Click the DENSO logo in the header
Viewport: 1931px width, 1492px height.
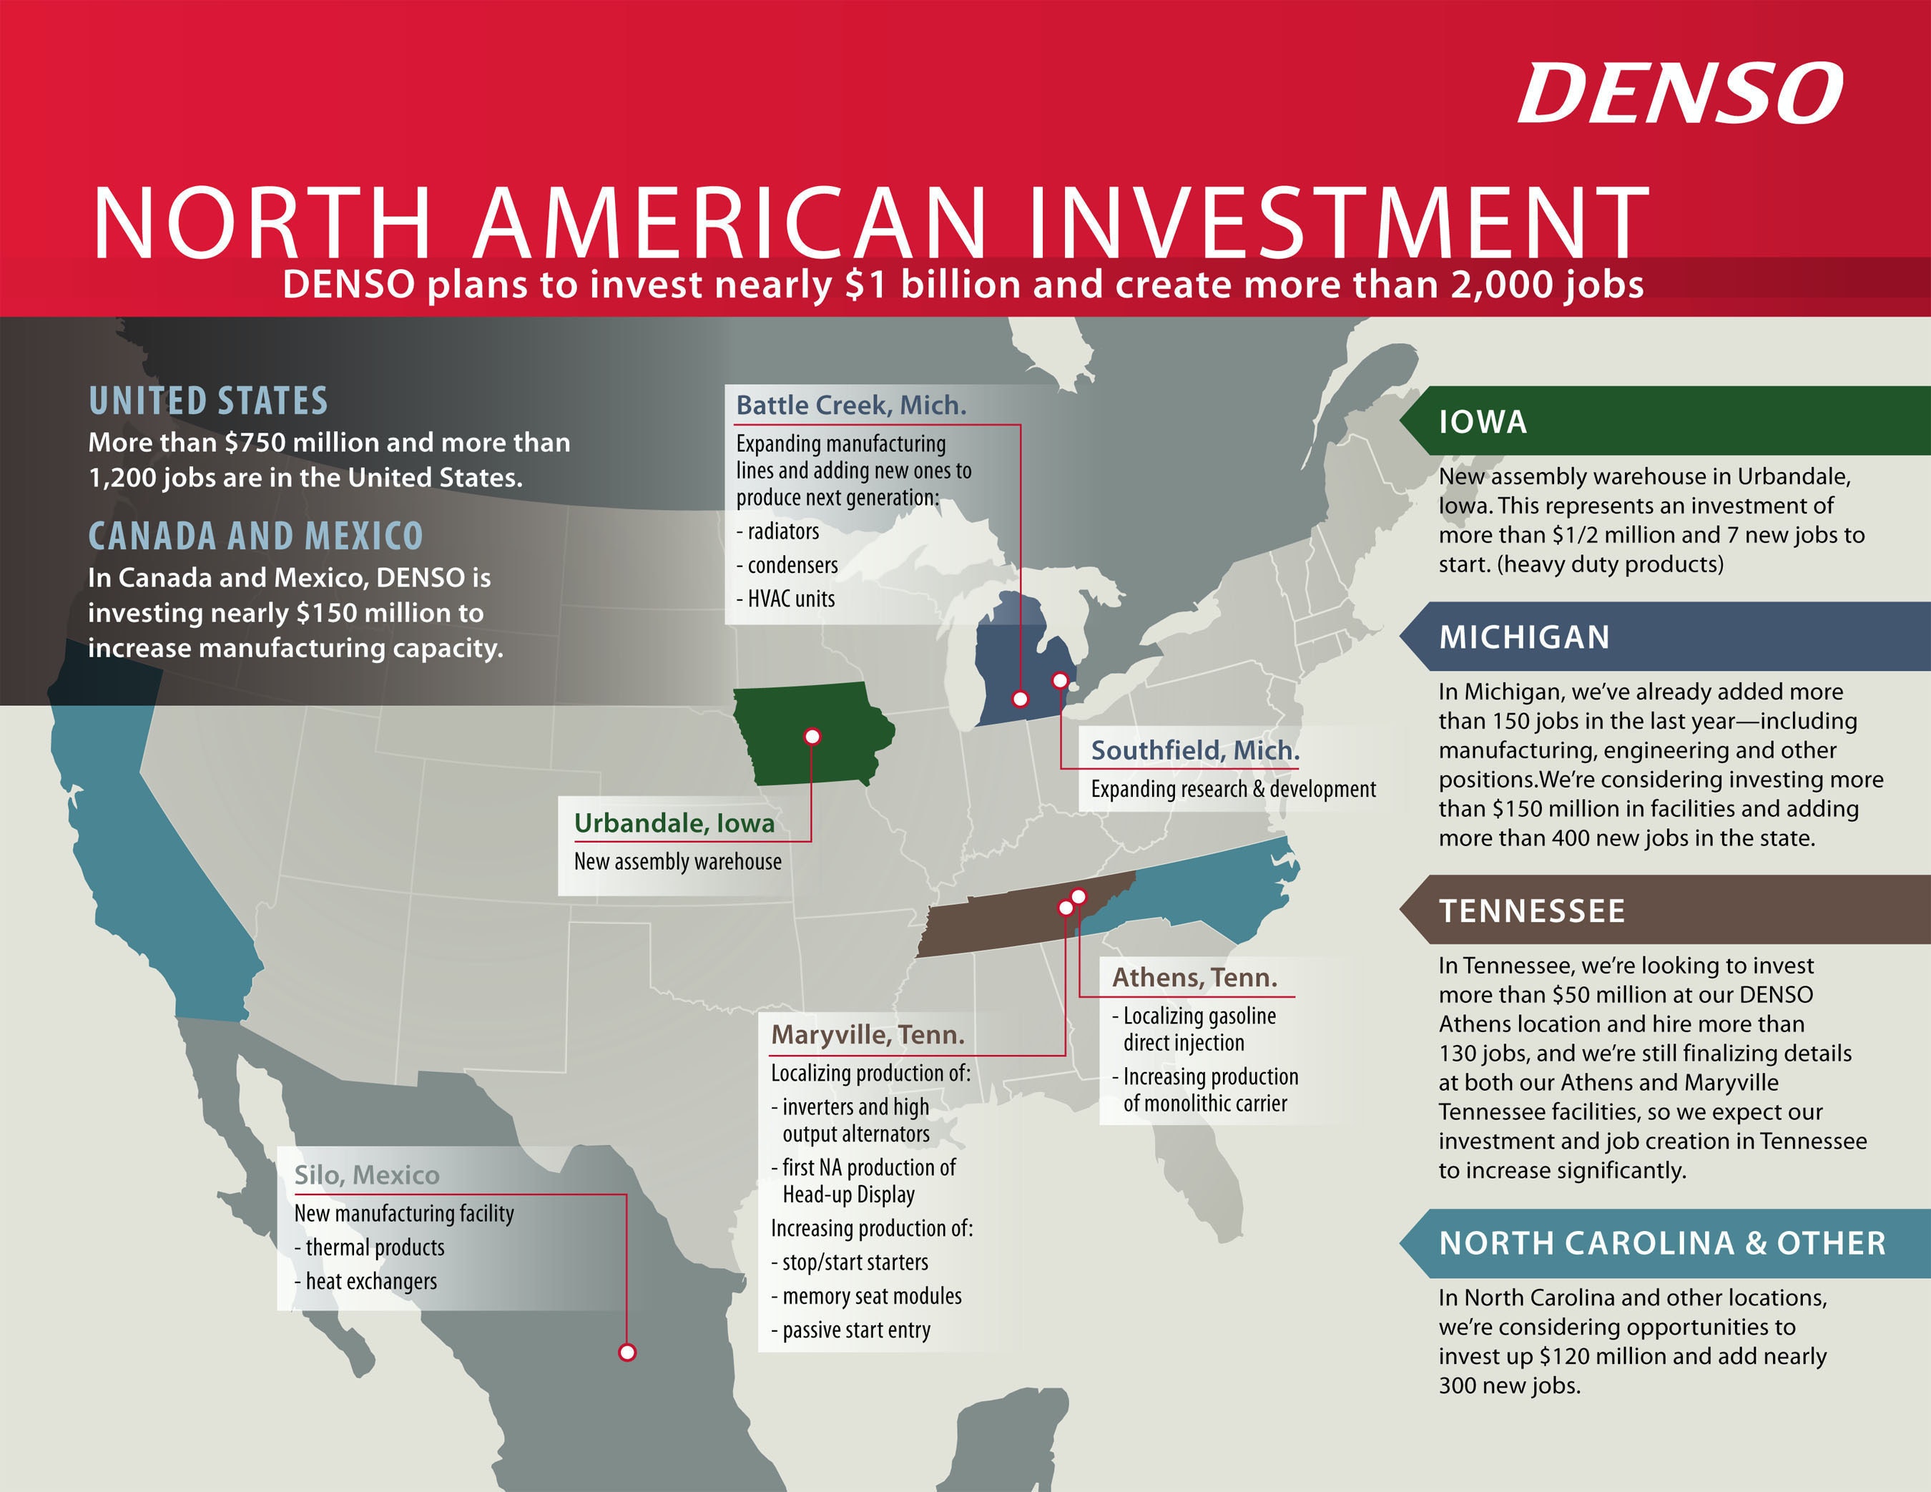(x=1680, y=94)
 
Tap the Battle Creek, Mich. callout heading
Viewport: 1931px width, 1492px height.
(x=850, y=405)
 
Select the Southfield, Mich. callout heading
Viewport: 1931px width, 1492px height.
(x=1194, y=750)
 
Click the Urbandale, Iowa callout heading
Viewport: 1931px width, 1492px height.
(x=674, y=823)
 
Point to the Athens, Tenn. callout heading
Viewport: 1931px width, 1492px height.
(x=1194, y=977)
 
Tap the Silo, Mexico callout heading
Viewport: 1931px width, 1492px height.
(x=366, y=1174)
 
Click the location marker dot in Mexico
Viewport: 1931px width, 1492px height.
(x=627, y=1353)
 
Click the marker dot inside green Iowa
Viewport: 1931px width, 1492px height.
(x=812, y=736)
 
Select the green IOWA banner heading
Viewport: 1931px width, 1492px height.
(x=1483, y=422)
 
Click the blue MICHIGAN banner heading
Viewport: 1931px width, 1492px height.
(x=1524, y=637)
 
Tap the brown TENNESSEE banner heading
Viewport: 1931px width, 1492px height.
(x=1531, y=911)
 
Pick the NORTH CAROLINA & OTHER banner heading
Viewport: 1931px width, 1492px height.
(x=1662, y=1244)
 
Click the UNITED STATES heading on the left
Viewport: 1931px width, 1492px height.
(x=208, y=401)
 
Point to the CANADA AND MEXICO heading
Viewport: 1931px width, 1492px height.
(x=255, y=536)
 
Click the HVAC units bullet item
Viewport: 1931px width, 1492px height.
(x=790, y=599)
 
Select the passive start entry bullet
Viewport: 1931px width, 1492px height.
(x=855, y=1330)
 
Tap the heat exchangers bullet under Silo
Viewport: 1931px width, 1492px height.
(x=370, y=1282)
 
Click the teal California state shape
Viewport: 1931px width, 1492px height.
(x=142, y=849)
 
